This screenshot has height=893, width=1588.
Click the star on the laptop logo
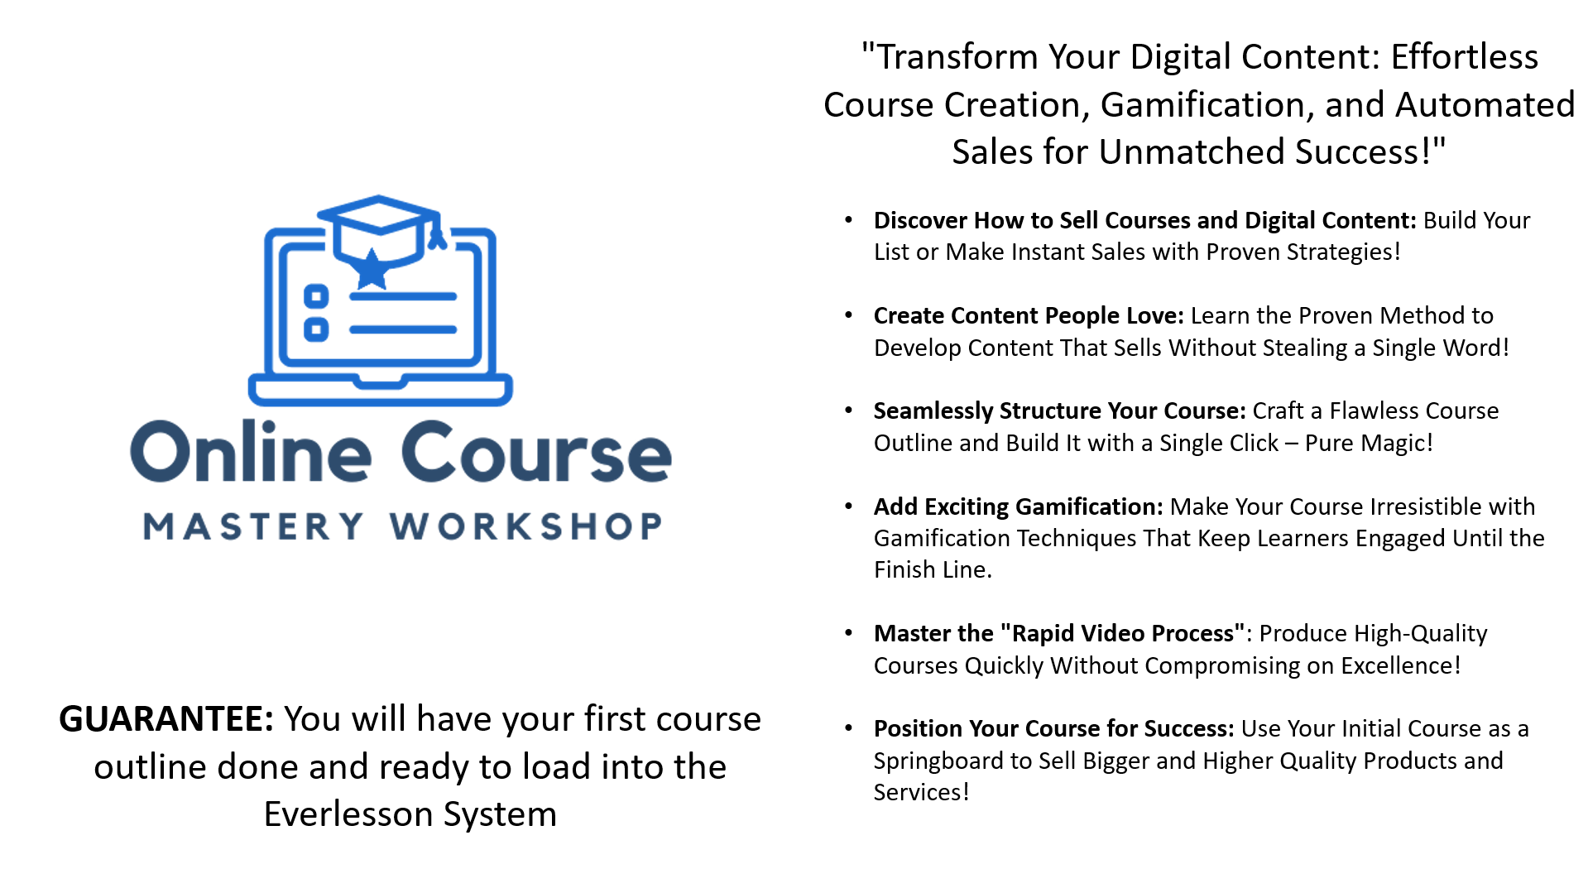tap(372, 269)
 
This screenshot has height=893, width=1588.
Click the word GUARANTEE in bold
tap(166, 719)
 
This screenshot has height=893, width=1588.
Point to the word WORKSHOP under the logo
tap(526, 526)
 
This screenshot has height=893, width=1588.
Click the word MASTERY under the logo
tap(253, 526)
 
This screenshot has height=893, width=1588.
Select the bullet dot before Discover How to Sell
tap(848, 219)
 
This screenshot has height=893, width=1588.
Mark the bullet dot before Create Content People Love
tap(848, 314)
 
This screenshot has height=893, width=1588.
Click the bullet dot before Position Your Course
tap(848, 727)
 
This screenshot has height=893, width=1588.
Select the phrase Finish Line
tap(933, 569)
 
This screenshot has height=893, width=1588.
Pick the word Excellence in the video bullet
tap(1400, 665)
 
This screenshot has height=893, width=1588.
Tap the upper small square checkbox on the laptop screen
tap(316, 295)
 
